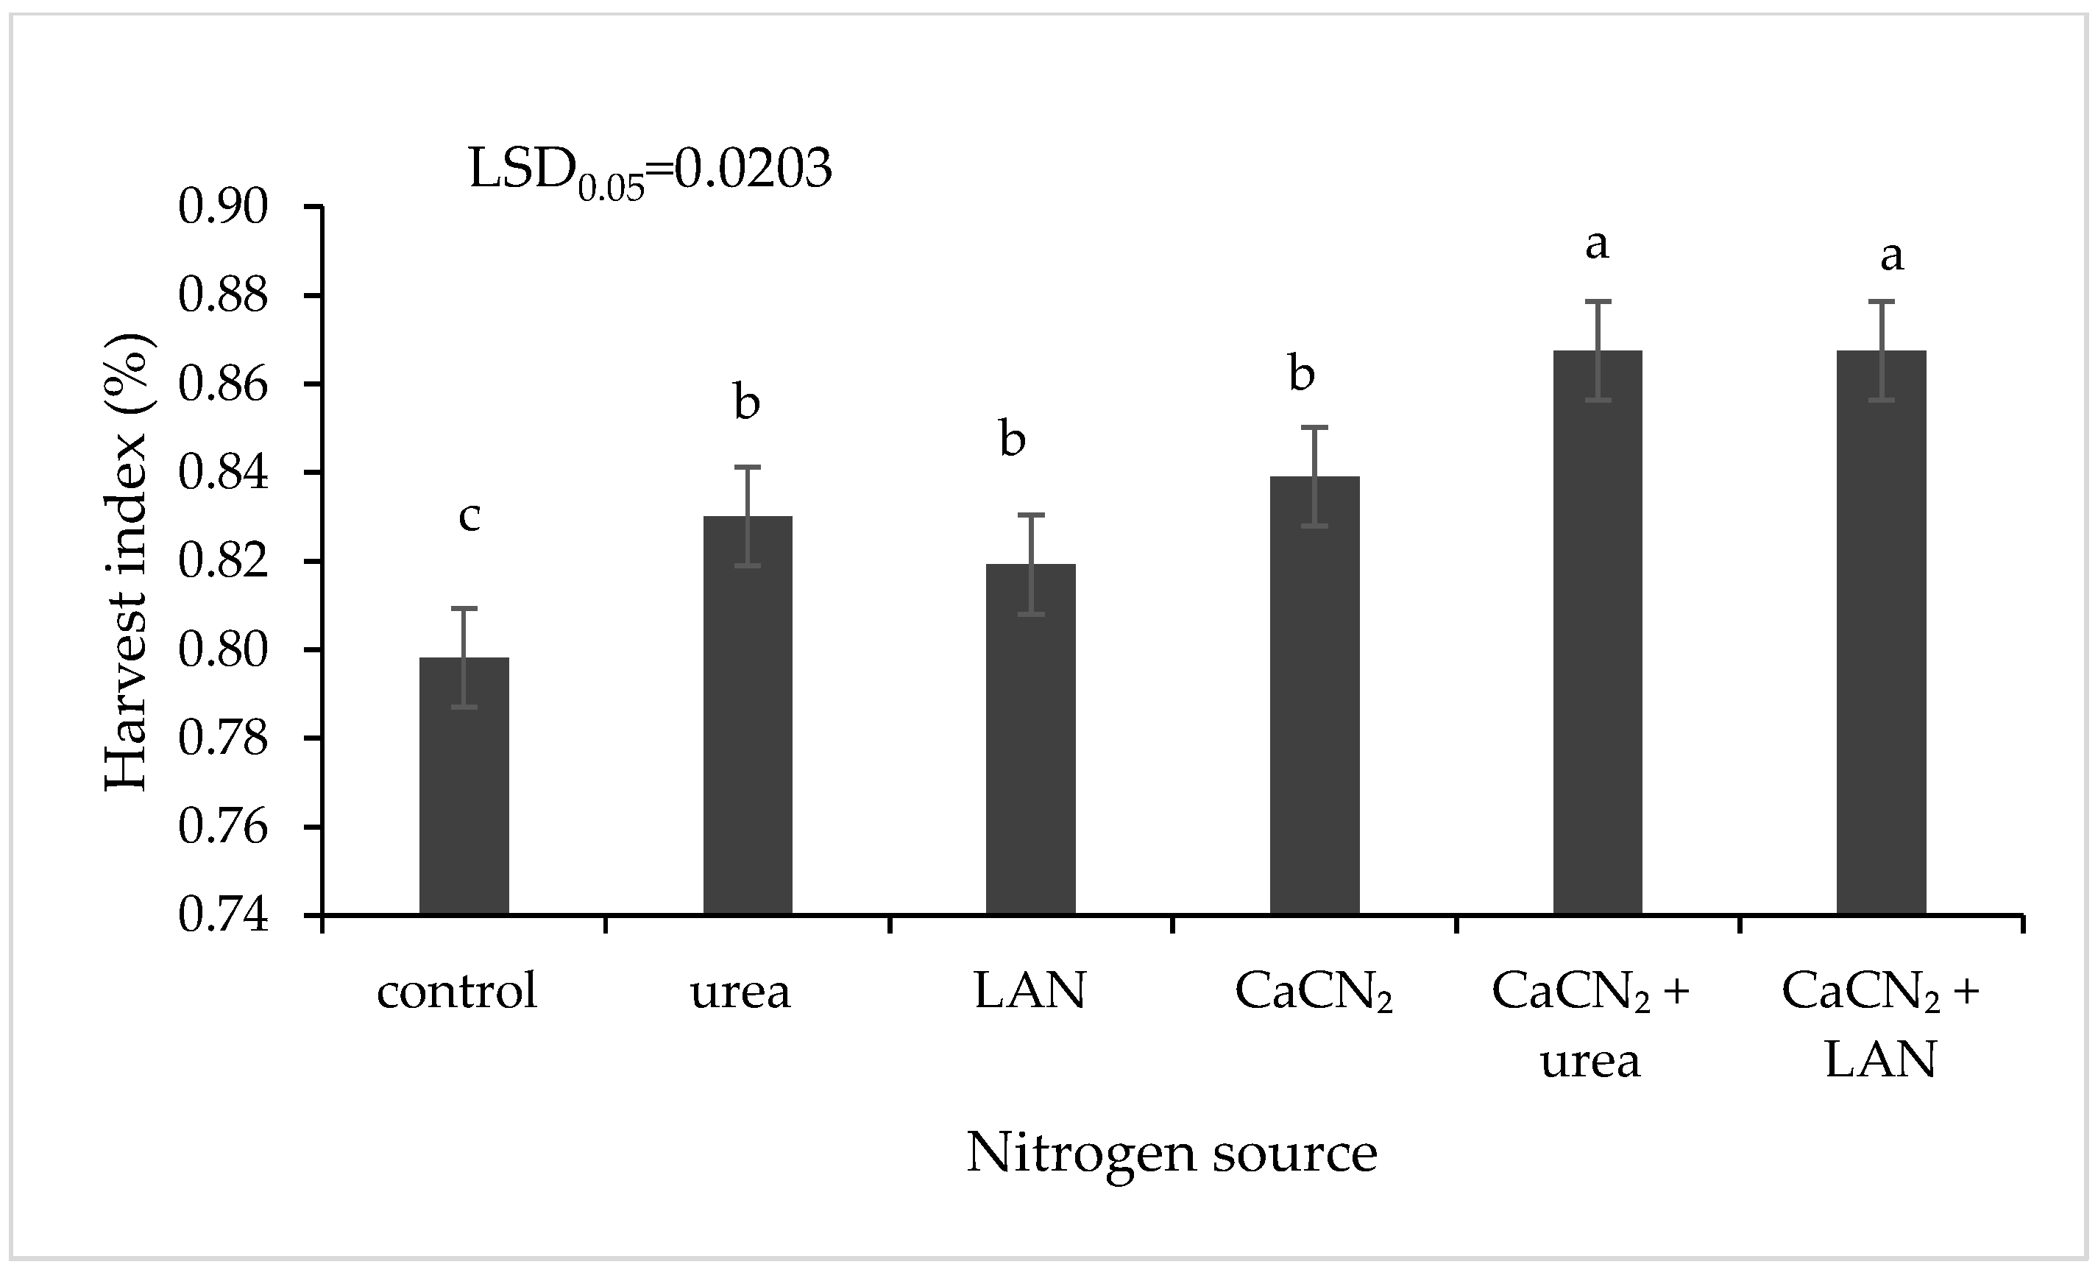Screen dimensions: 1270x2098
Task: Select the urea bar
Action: click(x=748, y=716)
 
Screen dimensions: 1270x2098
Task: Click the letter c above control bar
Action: click(x=469, y=516)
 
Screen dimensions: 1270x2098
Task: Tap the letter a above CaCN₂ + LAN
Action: click(x=1891, y=255)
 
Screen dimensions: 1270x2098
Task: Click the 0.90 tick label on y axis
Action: click(x=223, y=207)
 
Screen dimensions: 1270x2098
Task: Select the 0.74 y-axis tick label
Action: click(x=223, y=917)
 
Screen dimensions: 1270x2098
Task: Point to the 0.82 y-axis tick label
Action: click(x=223, y=562)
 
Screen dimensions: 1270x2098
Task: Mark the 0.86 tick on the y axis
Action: click(x=223, y=384)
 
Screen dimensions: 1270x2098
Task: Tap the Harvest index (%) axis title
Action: click(x=130, y=562)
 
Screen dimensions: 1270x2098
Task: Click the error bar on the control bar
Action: click(x=464, y=657)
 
